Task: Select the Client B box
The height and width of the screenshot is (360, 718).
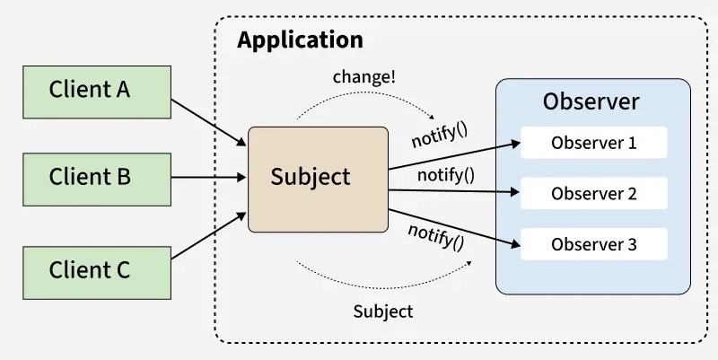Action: (90, 177)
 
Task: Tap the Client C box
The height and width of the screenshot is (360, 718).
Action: (90, 268)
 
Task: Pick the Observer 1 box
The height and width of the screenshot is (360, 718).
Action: (594, 143)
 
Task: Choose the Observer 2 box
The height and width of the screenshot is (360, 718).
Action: (594, 193)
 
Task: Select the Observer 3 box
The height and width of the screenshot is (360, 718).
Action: (594, 244)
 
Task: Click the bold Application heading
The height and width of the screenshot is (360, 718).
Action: (300, 40)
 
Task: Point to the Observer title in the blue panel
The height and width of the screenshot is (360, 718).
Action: (591, 101)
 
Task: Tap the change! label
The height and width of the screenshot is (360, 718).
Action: (363, 76)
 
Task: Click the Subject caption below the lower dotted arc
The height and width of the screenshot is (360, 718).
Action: (383, 312)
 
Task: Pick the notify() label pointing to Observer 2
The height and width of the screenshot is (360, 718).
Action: (446, 174)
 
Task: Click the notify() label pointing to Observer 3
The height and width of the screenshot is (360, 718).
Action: (436, 235)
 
